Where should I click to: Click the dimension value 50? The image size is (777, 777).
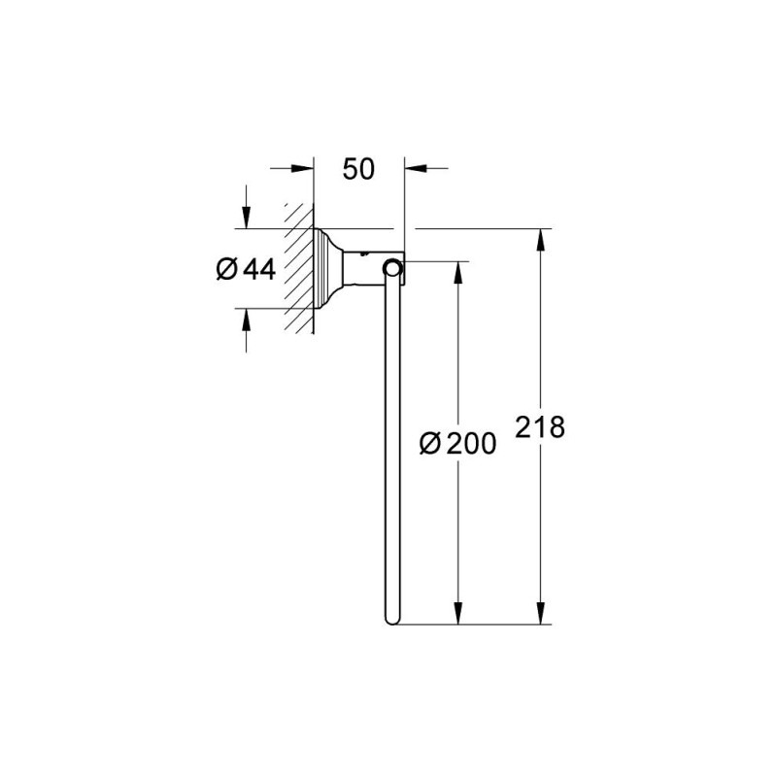[358, 169]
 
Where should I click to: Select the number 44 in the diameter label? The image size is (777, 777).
[259, 270]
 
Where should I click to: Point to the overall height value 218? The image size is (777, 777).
[541, 427]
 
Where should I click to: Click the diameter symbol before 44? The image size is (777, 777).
[225, 270]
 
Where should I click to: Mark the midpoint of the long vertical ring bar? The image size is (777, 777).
[391, 447]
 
